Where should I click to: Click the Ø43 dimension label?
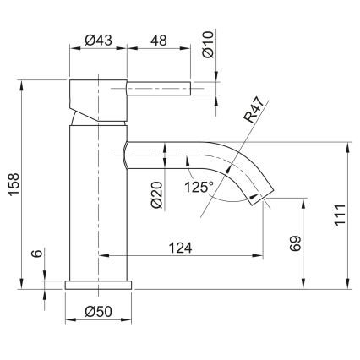pyautogui.click(x=100, y=39)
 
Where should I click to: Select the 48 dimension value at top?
pyautogui.click(x=159, y=39)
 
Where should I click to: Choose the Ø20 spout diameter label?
pyautogui.click(x=156, y=194)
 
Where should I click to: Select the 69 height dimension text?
pyautogui.click(x=295, y=244)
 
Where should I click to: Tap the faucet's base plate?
pyautogui.click(x=99, y=284)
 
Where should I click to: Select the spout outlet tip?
pyautogui.click(x=263, y=196)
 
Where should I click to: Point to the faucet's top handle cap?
pyautogui.click(x=98, y=88)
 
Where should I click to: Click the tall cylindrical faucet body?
pyautogui.click(x=98, y=203)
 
